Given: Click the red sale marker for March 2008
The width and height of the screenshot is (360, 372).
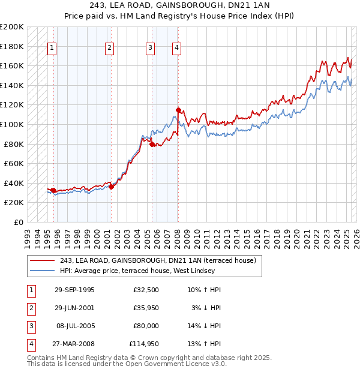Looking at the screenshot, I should click(178, 110).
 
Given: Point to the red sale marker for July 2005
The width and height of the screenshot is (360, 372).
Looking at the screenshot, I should click(152, 144).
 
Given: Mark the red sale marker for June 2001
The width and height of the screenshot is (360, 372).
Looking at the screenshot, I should click(112, 187).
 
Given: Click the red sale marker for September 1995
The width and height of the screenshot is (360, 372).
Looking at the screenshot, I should click(54, 190).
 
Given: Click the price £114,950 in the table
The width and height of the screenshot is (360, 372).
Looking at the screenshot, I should click(144, 344).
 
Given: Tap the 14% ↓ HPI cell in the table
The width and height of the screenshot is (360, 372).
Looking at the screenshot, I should click(204, 326).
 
